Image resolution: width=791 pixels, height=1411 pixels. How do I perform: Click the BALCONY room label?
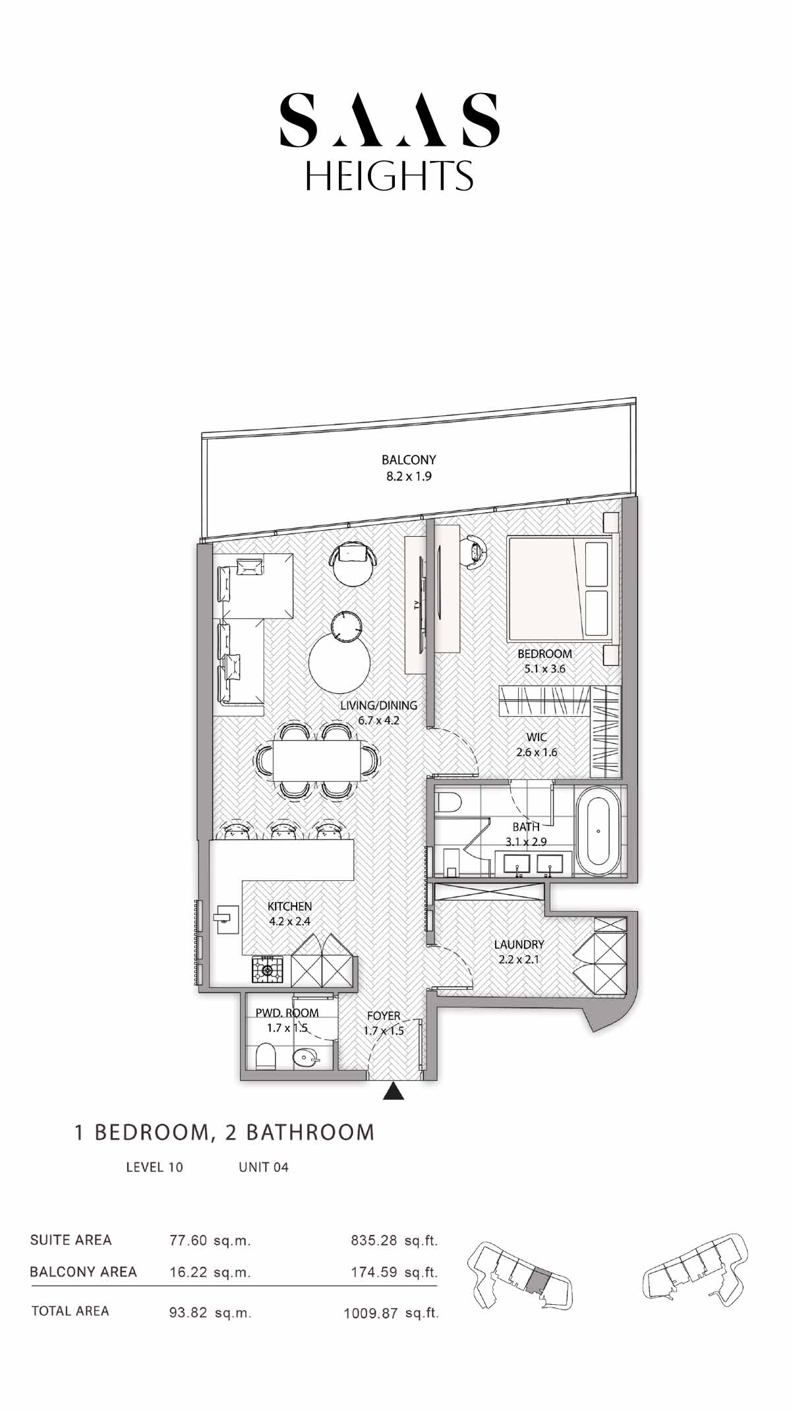[x=409, y=460]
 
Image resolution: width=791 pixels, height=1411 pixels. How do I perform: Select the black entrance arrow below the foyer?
[x=394, y=1091]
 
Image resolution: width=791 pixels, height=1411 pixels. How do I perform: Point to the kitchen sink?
[x=227, y=916]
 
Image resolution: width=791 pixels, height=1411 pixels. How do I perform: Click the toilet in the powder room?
[x=266, y=1056]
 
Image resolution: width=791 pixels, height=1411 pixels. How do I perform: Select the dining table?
[x=317, y=760]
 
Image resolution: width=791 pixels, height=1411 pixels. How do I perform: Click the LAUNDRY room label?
[x=519, y=944]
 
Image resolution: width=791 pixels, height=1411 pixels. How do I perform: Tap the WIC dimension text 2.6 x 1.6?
[x=537, y=752]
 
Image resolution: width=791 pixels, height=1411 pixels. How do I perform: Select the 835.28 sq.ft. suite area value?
[x=394, y=1240]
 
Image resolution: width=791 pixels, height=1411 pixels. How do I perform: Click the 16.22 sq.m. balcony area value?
[x=210, y=1273]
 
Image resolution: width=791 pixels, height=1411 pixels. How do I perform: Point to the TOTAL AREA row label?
[x=70, y=1311]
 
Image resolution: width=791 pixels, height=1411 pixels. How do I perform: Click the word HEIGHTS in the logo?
[x=389, y=175]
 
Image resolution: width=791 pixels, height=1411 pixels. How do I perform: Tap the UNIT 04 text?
[x=264, y=1167]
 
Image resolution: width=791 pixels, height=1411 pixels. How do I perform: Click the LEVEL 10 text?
[x=154, y=1167]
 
